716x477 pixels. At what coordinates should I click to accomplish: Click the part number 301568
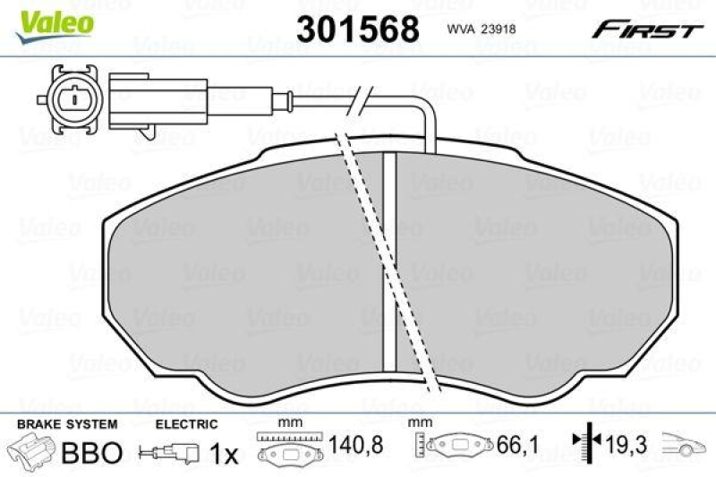(357, 30)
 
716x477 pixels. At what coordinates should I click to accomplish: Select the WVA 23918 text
(481, 29)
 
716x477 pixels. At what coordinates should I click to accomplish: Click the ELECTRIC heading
(186, 425)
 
